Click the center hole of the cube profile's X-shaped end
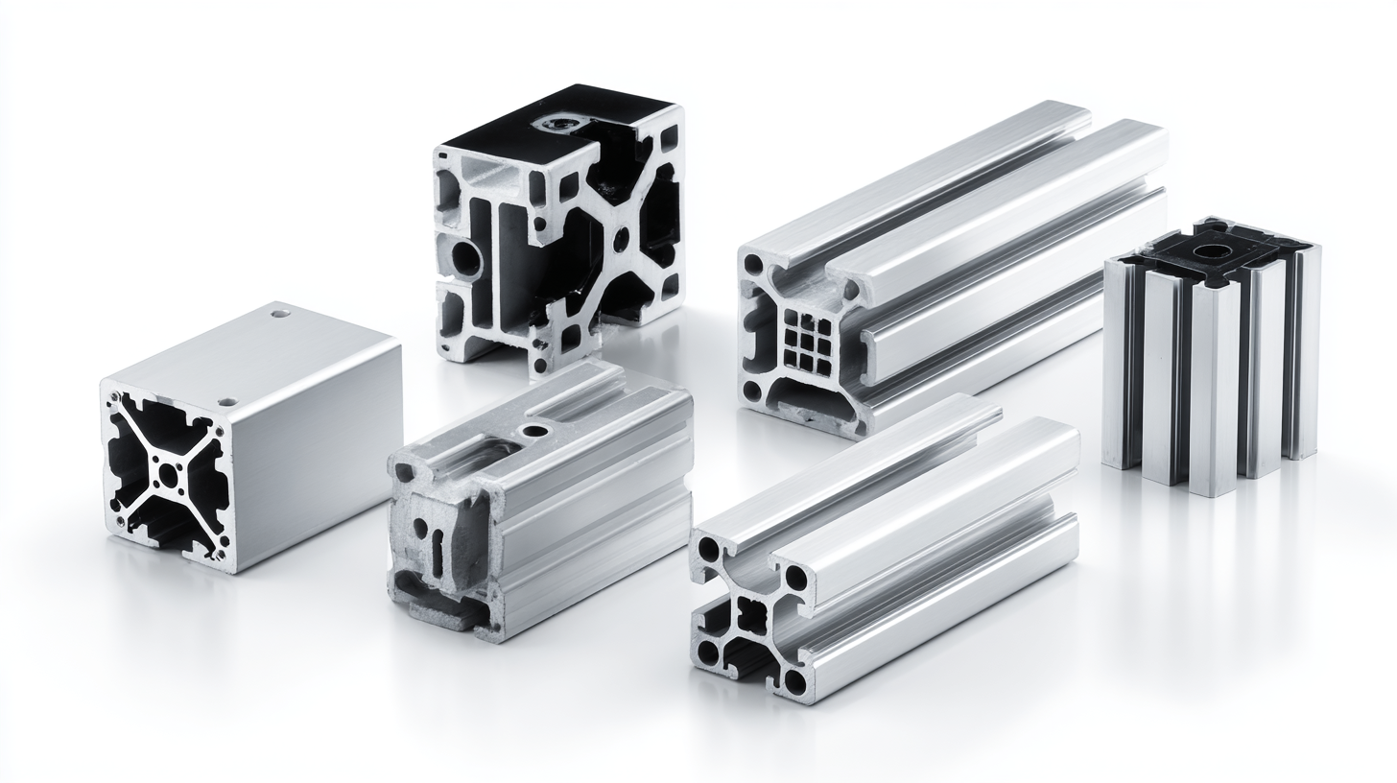(169, 473)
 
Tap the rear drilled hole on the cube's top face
(279, 313)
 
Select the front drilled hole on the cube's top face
(227, 402)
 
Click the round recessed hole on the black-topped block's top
(556, 123)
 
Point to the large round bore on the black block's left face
(468, 257)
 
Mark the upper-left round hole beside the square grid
(754, 264)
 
